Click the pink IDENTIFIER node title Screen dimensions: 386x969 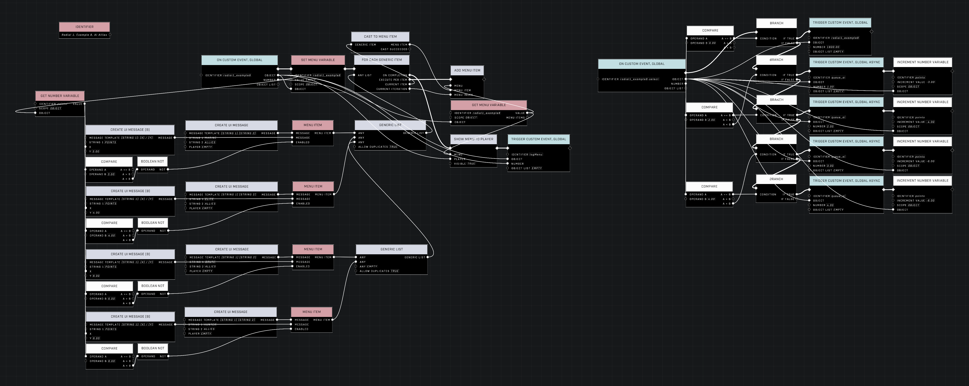coord(84,27)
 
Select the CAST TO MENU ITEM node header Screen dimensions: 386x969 coord(380,36)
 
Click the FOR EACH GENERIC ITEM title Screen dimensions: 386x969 coord(381,60)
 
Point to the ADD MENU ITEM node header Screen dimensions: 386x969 coord(467,70)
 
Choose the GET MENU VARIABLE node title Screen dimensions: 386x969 coord(488,105)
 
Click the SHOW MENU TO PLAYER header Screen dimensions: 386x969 coord(473,139)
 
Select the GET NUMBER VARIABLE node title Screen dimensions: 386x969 coord(60,96)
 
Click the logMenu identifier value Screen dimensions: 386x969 coord(536,155)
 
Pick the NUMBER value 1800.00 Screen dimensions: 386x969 coord(833,47)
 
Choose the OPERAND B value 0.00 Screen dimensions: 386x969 coord(712,43)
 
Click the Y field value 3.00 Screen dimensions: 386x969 coord(96,151)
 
